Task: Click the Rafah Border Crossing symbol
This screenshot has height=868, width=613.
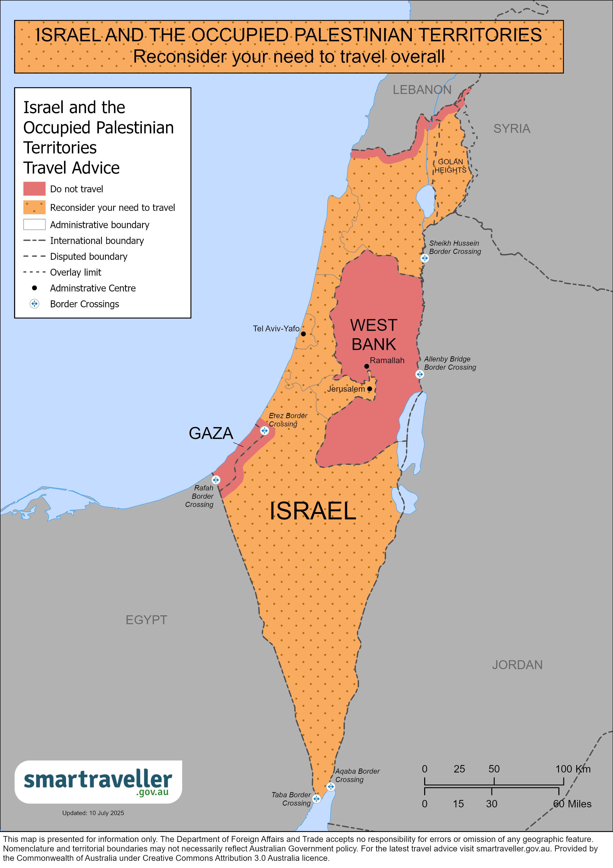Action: point(216,480)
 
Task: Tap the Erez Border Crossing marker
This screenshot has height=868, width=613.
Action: point(264,431)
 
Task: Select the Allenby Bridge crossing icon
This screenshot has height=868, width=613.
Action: point(420,374)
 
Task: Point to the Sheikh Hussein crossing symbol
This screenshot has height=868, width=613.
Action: point(425,258)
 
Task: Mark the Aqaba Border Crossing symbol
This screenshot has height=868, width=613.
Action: point(330,787)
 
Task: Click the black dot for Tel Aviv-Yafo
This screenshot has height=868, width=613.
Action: point(303,334)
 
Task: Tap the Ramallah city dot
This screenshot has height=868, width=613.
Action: point(366,366)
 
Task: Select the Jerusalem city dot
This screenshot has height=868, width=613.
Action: point(370,389)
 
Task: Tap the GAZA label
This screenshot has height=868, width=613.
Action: point(211,433)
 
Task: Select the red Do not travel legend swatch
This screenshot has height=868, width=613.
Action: point(34,189)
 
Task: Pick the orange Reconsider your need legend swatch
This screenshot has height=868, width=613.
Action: point(34,207)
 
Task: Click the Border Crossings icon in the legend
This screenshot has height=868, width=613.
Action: point(34,304)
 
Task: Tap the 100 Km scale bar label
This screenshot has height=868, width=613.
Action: point(573,769)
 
